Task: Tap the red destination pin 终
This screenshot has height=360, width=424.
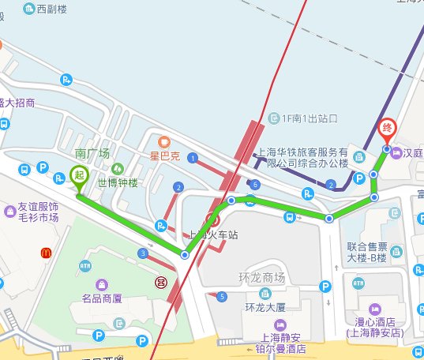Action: [387, 128]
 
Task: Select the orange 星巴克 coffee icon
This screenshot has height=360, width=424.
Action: [164, 142]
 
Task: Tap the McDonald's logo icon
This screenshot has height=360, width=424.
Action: [46, 253]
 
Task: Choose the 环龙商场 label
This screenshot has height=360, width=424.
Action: [260, 278]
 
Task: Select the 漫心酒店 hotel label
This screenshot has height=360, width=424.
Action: [374, 327]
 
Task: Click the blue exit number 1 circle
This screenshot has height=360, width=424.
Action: [192, 159]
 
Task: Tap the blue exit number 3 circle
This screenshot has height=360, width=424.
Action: [142, 253]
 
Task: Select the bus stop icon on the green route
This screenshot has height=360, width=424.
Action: [290, 218]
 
